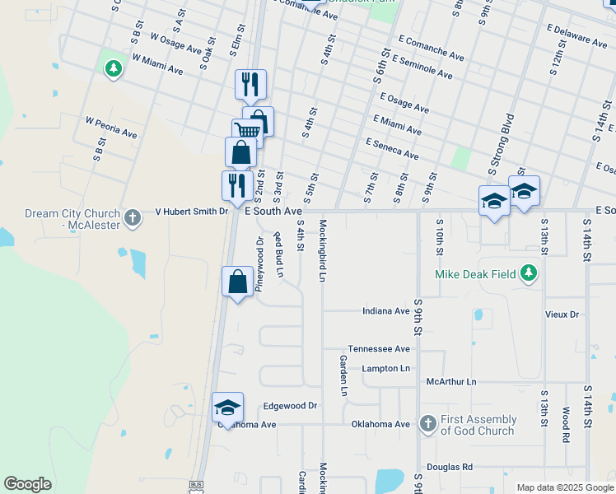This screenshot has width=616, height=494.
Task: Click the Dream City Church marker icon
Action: [133, 218]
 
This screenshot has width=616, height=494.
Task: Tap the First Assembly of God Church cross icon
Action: [427, 424]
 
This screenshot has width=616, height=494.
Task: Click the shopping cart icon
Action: [247, 130]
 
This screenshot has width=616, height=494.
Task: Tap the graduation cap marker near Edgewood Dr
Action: [228, 407]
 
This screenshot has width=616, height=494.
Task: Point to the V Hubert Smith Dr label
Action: [192, 212]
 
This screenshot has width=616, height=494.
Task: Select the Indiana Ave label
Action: [386, 311]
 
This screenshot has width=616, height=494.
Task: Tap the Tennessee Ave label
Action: [379, 349]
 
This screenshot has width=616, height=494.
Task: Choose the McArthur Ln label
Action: [451, 382]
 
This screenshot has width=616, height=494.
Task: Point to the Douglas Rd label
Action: [450, 466]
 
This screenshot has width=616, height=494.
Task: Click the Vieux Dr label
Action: [562, 315]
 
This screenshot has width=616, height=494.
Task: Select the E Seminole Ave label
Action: [422, 68]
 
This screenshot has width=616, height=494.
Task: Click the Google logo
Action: [27, 484]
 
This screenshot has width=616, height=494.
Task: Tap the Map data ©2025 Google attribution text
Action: [565, 487]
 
